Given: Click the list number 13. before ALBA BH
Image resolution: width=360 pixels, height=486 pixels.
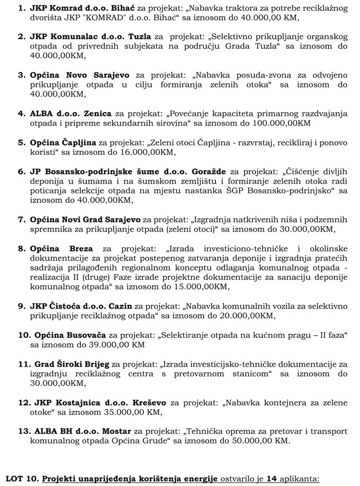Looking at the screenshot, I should [x=24, y=431].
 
